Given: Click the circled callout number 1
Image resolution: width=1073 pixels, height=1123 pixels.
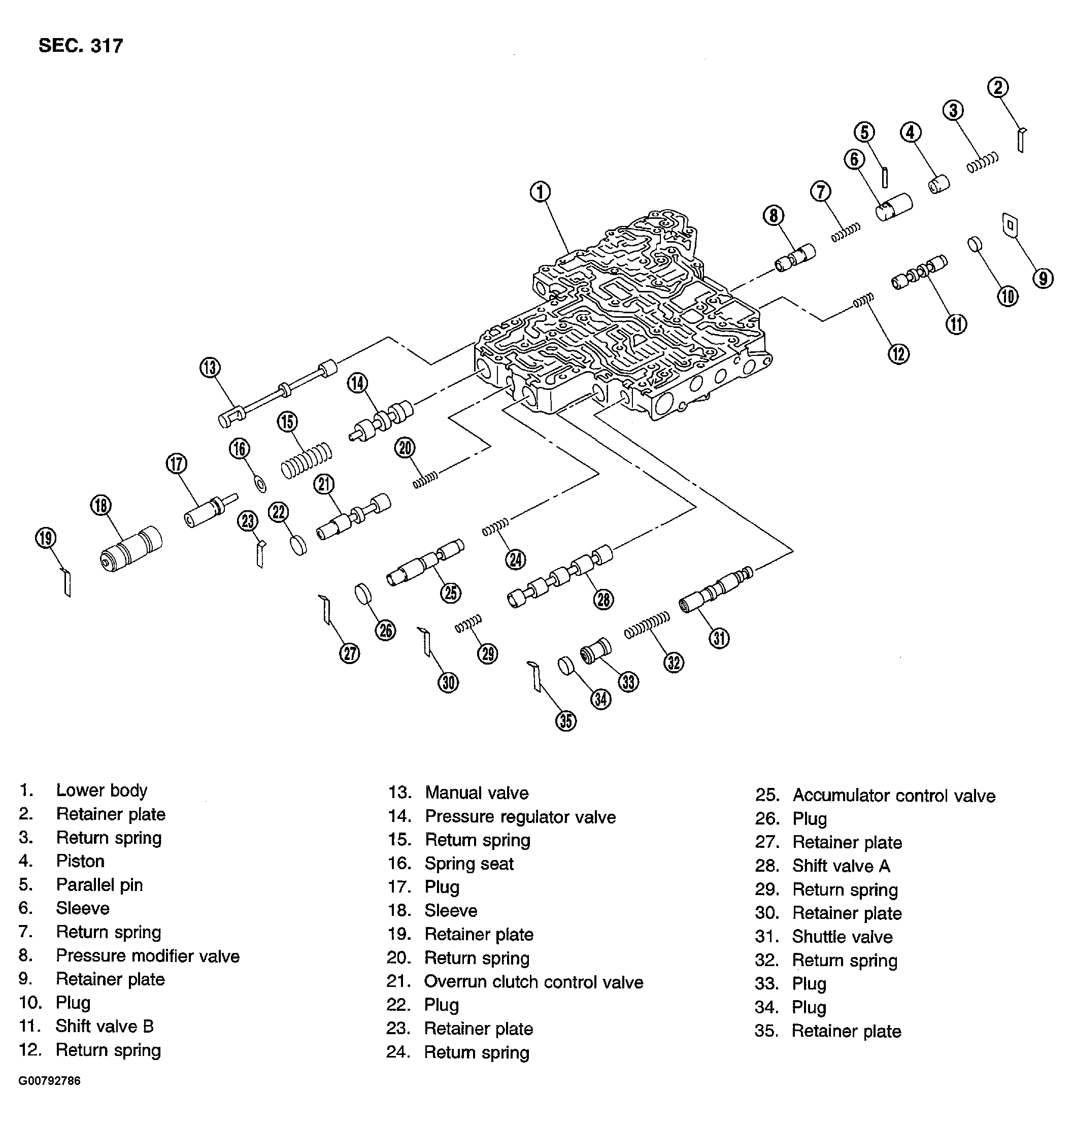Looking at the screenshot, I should pos(540,191).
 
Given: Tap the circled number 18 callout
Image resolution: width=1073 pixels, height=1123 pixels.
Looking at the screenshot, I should pos(100,505).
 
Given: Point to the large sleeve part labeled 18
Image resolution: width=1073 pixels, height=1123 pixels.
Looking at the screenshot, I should pos(130,549).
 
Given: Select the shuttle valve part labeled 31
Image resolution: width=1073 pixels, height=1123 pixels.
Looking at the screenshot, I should pos(715,591).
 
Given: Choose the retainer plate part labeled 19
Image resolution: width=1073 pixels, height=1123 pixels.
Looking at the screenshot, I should pos(67,582).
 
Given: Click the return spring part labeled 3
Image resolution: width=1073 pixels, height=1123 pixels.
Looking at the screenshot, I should pos(983,162).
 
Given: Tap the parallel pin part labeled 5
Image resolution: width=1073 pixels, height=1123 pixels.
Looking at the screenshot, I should pos(884,177).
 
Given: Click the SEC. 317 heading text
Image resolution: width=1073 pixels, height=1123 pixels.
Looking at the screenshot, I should pos(81,46).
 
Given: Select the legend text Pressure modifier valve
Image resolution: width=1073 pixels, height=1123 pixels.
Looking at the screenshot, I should pos(148,956).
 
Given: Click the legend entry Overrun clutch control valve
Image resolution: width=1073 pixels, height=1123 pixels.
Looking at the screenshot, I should pos(533,982).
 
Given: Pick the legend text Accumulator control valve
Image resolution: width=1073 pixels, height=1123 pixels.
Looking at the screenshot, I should pos(893,795).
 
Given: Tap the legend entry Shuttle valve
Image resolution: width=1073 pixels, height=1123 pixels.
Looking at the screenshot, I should pos(842,937).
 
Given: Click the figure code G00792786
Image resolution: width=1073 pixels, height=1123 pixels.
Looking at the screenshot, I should pos(49,1081).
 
